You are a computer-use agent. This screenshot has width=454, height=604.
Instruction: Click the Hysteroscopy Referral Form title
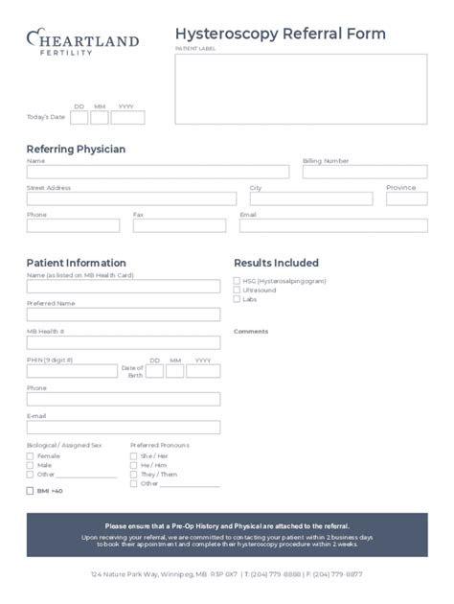281,35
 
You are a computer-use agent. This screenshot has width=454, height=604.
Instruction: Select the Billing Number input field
365,172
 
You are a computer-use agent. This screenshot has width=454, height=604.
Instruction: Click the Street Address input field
131,198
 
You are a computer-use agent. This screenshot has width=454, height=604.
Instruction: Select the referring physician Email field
333,225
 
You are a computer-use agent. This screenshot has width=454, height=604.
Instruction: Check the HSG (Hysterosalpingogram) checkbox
238,281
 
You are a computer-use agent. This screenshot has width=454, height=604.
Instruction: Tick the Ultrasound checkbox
238,290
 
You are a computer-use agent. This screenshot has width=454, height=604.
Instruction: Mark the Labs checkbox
238,299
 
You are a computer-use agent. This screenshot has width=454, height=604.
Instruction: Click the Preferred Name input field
123,314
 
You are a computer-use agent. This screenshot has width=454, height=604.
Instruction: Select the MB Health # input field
123,341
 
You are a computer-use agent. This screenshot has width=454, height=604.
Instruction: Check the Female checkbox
31,456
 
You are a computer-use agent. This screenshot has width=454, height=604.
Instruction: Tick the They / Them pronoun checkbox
133,475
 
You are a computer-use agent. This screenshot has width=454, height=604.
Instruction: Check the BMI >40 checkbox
31,491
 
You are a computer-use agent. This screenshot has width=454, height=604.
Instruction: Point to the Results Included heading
277,263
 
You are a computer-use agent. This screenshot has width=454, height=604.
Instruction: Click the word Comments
251,332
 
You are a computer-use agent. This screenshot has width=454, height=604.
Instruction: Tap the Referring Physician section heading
76,150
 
